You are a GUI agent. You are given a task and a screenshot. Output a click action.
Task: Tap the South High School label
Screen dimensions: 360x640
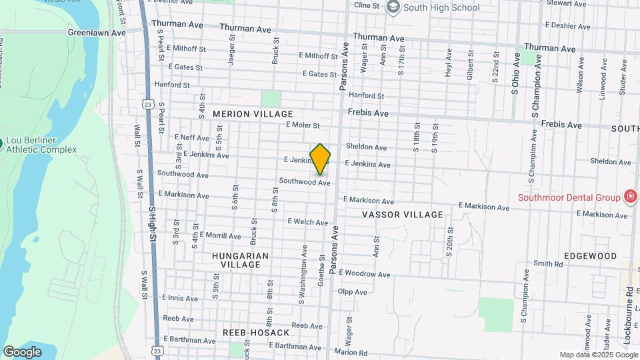point(441,7)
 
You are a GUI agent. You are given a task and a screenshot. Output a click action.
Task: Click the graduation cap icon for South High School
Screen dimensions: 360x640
point(393,7)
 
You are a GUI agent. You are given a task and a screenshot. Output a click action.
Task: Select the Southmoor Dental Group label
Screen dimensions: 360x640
point(569,197)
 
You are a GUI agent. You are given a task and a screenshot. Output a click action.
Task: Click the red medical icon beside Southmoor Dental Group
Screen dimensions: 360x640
point(629,196)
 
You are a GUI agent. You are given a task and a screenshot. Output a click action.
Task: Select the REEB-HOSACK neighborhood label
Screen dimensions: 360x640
point(256,332)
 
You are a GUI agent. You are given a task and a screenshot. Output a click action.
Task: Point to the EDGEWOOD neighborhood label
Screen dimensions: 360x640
point(590,256)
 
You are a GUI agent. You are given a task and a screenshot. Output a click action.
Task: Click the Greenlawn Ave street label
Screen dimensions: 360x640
point(97,32)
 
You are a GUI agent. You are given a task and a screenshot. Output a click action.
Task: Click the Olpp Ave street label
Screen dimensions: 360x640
point(353,292)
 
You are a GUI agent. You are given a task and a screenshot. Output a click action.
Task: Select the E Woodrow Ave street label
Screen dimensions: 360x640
point(365,274)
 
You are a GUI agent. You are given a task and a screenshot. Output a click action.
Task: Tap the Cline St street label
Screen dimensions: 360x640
point(367,5)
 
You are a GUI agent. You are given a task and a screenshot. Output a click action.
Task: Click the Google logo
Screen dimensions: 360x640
point(22,351)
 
